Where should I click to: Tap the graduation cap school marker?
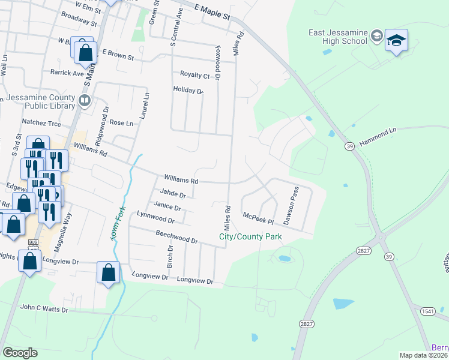[x=396, y=41]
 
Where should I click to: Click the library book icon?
[x=85, y=100]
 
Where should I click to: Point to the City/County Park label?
[x=250, y=237]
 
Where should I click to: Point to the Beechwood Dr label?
[x=176, y=236]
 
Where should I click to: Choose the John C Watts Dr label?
[x=44, y=308]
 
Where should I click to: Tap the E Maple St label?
[x=212, y=11]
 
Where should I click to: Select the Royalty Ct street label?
[x=195, y=75]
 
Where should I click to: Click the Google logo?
[x=20, y=353]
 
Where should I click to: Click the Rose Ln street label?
[x=121, y=122]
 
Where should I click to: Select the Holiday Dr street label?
[x=188, y=90]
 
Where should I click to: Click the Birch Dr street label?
[x=170, y=256]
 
